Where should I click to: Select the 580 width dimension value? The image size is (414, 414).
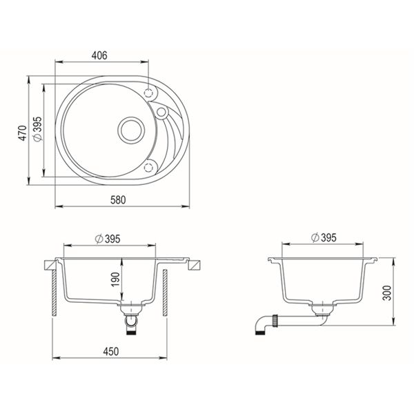pos(117,199)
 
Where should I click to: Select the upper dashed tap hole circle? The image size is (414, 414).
pos(150,93)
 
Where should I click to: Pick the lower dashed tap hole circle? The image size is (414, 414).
pos(150,165)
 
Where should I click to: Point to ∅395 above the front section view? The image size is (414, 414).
pos(109,239)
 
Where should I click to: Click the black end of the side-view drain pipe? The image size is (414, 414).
pos(262,332)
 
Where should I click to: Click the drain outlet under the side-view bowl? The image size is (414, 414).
pos(319,307)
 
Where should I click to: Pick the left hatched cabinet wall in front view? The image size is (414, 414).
pos(55,293)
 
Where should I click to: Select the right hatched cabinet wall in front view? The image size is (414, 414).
pos(165,293)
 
